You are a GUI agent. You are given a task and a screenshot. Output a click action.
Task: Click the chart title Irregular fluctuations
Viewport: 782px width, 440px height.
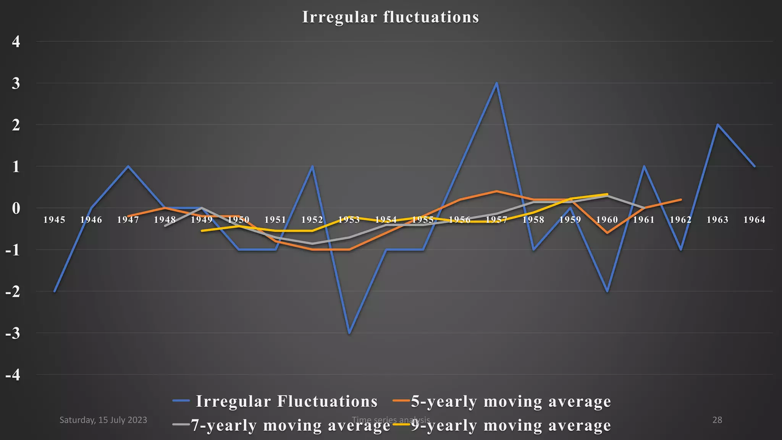[x=390, y=17]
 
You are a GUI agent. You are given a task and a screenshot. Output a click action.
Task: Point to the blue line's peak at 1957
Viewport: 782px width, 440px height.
[x=496, y=83]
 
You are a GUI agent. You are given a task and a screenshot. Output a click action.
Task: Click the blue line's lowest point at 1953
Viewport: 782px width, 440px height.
[x=349, y=333]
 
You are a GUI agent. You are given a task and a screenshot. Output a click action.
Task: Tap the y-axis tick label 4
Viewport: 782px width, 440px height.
[x=16, y=41]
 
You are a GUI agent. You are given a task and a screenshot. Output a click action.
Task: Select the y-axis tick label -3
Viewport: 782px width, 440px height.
[x=13, y=333]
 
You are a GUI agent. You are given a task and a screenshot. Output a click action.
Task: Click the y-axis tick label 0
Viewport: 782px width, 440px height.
[x=16, y=208]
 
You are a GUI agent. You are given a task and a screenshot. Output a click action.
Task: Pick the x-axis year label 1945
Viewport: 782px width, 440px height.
[x=54, y=220]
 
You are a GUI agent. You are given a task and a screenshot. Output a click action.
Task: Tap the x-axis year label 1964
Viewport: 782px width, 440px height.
[x=754, y=220]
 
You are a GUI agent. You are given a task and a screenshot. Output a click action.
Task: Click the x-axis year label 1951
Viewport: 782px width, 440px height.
[x=275, y=220]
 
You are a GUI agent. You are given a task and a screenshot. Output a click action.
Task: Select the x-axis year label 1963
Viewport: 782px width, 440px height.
[x=717, y=220]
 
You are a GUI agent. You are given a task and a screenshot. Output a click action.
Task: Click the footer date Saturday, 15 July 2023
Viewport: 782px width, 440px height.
[x=103, y=420]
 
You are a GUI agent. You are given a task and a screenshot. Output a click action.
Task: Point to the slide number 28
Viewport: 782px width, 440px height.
[x=717, y=420]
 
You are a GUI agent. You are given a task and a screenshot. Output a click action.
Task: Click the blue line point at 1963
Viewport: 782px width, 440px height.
[x=717, y=125]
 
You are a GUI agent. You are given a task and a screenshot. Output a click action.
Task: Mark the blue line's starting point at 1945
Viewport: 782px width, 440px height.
[x=55, y=291]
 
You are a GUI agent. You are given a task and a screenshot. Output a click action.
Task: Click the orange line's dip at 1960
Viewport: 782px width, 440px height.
[x=607, y=233]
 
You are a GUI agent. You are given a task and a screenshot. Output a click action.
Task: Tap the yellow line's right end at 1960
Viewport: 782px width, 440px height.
[x=607, y=194]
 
